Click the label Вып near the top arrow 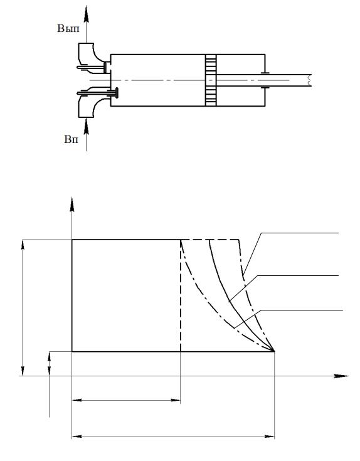click(68, 29)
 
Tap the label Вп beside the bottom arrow click(71, 139)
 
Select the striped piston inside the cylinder click(211, 80)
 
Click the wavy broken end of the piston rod click(309, 80)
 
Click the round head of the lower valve click(117, 93)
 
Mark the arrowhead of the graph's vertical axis click(72, 204)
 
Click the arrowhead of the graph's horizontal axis click(341, 376)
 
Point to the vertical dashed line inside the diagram click(181, 295)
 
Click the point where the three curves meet click(274, 351)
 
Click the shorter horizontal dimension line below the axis click(126, 400)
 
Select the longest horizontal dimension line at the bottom click(173, 437)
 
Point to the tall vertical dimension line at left click(23, 308)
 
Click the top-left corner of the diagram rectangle click(72, 240)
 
